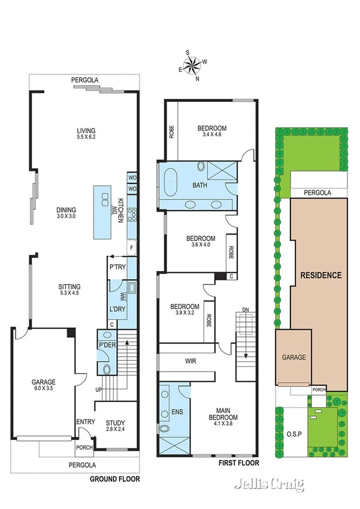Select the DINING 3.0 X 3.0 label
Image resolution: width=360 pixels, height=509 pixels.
[66, 213]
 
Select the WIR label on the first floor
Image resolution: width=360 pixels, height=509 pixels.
[191, 362]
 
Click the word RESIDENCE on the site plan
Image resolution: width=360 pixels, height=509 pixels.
[320, 276]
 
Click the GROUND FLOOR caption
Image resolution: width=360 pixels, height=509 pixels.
[114, 479]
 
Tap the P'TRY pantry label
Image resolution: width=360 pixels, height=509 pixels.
[117, 267]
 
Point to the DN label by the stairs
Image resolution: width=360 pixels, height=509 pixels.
[245, 309]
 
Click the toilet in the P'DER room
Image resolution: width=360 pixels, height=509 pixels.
[107, 369]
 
